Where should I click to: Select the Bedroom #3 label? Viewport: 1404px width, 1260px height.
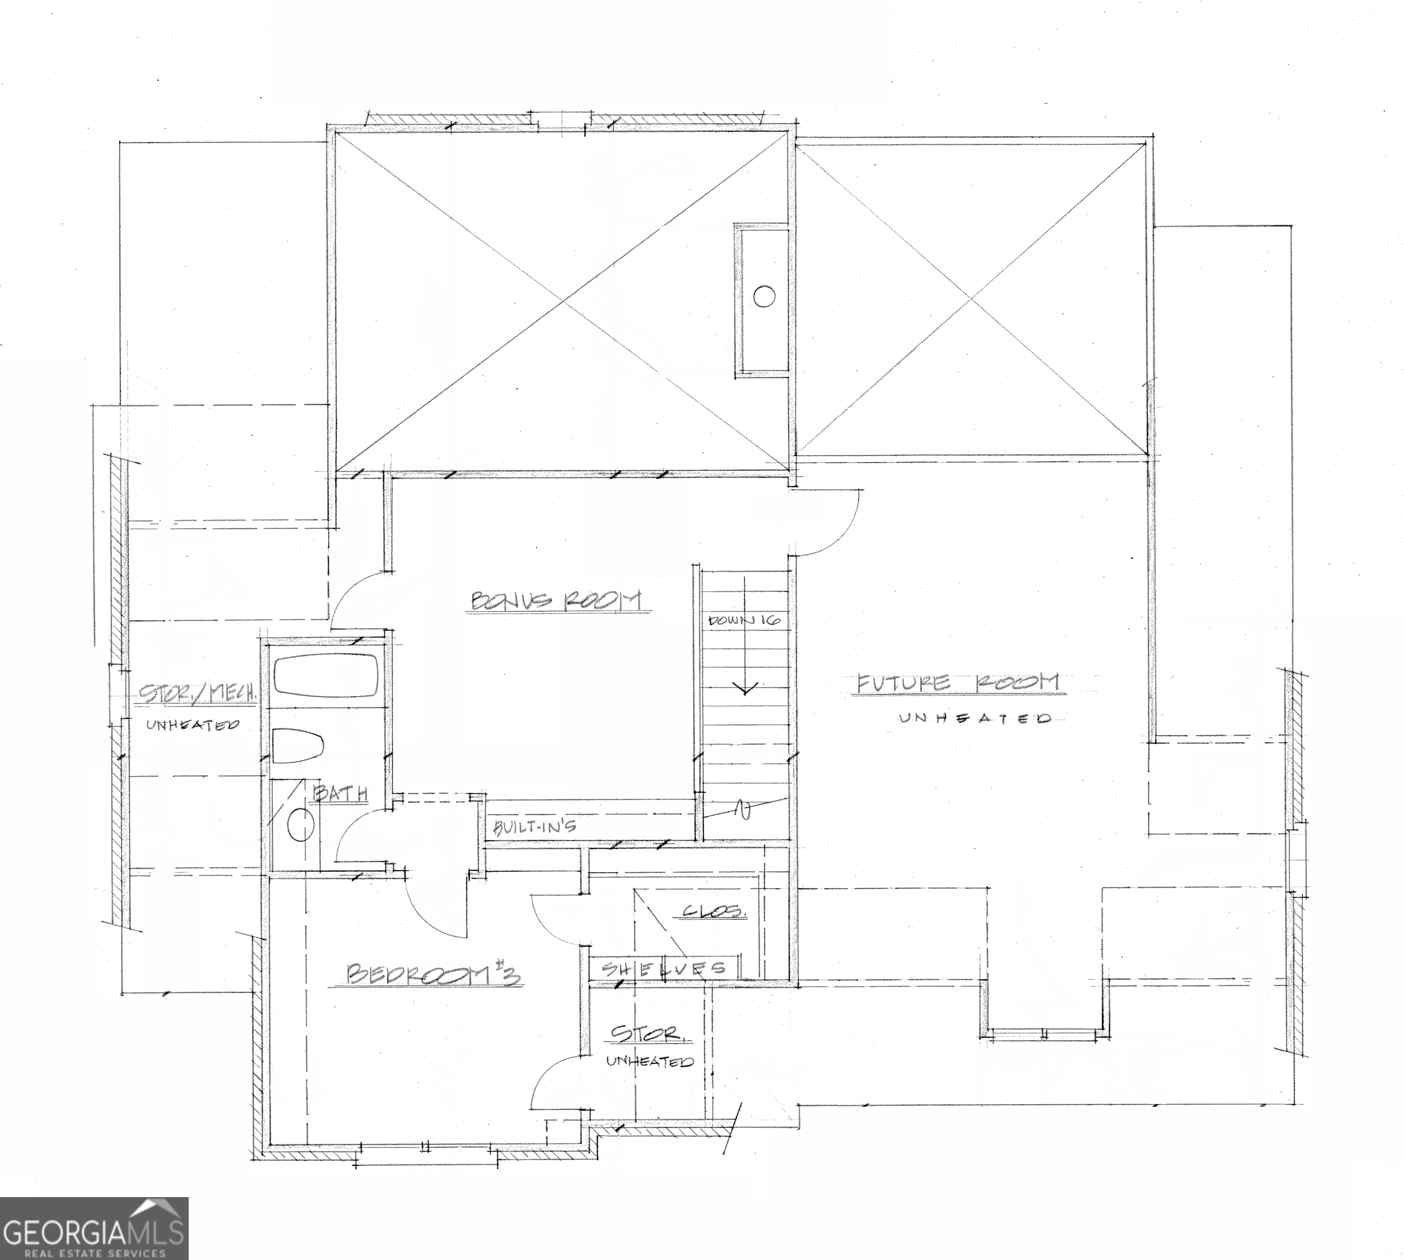433,974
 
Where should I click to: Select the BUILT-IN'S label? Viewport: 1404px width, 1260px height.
534,826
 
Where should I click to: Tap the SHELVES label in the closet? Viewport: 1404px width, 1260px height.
663,969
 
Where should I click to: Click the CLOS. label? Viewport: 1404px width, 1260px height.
714,912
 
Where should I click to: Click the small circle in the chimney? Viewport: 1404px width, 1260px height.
764,296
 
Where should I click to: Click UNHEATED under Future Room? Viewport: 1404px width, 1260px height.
974,718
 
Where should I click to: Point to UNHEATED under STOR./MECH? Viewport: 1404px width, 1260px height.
192,725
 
